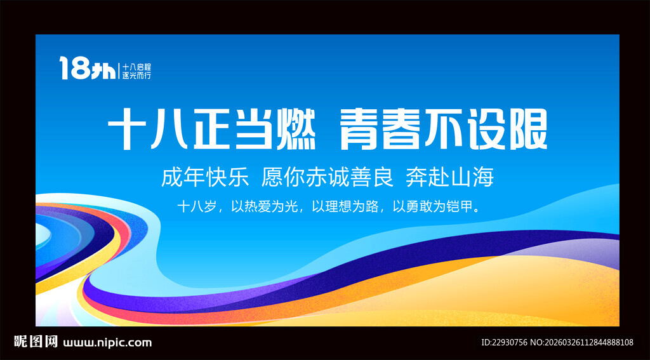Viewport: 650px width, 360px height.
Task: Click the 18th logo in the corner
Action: click(x=88, y=68)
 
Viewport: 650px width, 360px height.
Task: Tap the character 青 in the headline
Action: click(x=360, y=130)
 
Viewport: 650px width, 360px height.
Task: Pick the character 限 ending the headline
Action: click(x=527, y=130)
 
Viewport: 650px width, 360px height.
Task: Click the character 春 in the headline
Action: click(x=401, y=130)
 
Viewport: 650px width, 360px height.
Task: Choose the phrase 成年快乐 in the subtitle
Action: click(x=205, y=178)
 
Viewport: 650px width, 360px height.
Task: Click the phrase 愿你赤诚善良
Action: click(x=327, y=178)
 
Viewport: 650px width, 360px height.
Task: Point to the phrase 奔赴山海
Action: click(x=450, y=178)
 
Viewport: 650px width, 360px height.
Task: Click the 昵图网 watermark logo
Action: click(x=36, y=342)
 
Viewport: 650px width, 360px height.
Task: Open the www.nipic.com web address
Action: click(x=107, y=343)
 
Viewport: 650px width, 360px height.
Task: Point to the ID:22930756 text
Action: click(x=504, y=343)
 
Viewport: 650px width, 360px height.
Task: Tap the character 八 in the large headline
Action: click(x=169, y=130)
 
